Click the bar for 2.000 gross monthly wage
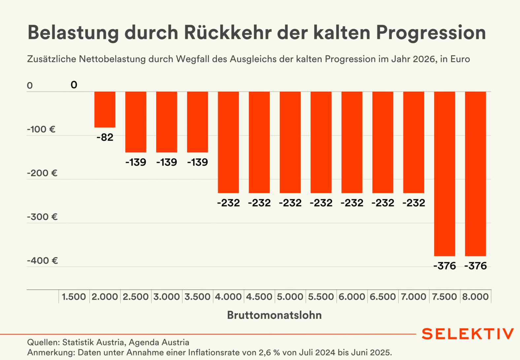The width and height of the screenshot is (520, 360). coord(105,109)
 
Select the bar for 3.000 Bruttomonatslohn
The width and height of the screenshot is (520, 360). coord(167,122)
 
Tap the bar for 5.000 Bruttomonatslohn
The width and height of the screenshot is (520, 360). coord(290,142)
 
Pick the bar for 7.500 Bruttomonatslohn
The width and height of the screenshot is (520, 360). coord(444,174)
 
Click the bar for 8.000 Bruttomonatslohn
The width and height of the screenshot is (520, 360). coord(475,174)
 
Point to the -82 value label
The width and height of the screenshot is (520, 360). coord(105,137)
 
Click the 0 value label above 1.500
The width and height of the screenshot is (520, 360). coord(74,85)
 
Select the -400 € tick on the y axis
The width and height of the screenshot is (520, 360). coord(42,261)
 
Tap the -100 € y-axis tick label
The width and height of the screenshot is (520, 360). coord(41,129)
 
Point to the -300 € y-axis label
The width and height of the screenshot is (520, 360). coord(42,217)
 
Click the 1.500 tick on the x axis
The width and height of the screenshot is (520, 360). coord(74,297)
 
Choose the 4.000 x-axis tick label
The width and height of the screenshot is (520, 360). coord(228,297)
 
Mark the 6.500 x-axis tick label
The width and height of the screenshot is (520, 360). coord(383,297)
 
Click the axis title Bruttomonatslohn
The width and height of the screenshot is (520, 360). coord(275,315)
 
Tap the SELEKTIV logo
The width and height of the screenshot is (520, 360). coord(468,334)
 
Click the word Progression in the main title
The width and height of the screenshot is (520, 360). coord(431,33)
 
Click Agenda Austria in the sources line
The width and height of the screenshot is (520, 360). coord(159,342)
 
